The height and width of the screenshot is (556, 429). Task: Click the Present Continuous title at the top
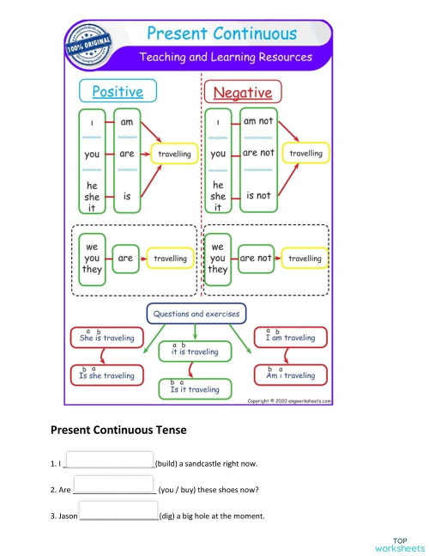[x=221, y=34]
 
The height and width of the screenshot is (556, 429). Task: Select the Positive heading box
[x=118, y=91]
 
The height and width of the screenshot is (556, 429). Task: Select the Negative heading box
[x=242, y=92]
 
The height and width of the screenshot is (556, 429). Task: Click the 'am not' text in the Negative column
[x=258, y=122]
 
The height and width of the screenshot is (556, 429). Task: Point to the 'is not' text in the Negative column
[x=258, y=196]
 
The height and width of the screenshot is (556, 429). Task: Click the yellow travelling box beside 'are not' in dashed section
[x=304, y=258]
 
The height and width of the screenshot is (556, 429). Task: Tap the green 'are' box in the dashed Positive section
[x=125, y=258]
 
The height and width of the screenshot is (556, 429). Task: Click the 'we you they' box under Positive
[x=92, y=258]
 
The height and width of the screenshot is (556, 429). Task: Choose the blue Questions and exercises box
[x=196, y=314]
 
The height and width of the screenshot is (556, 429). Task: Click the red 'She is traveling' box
[x=106, y=338]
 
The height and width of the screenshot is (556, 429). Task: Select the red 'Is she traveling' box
[x=106, y=376]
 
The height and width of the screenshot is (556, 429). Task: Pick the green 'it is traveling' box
[x=195, y=351]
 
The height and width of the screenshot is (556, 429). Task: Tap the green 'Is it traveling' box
[x=195, y=389]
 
